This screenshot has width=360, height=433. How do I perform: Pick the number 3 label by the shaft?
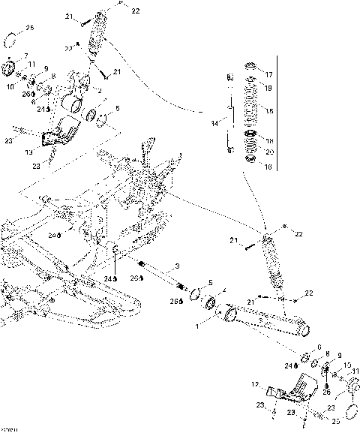click(x=177, y=266)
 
